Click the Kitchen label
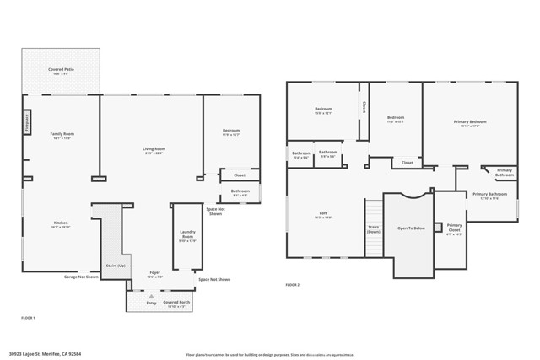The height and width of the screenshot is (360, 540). coord(61,224)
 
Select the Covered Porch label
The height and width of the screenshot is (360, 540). coord(176,302)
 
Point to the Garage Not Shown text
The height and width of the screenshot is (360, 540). coord(82,277)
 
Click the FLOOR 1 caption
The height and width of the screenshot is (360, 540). coord(28,318)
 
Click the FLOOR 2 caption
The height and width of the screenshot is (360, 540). coord(293,286)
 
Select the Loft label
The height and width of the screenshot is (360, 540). coord(323,214)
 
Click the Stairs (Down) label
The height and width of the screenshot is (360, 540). coord(373,228)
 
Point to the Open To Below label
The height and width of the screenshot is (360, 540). coord(409,228)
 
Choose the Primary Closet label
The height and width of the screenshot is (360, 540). coord(454,227)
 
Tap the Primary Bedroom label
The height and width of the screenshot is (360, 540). coord(470,123)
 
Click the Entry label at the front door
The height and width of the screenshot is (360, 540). coord(151,302)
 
